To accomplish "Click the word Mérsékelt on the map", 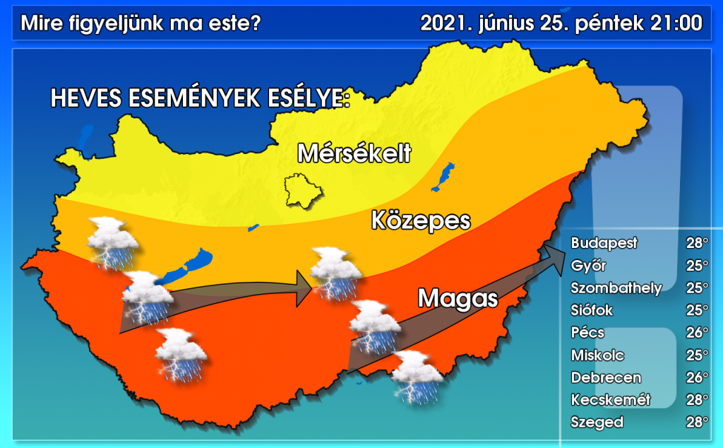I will [354, 153].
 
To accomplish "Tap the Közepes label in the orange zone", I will [420, 220].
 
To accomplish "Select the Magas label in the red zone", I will [458, 298].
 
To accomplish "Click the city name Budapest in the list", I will [604, 243].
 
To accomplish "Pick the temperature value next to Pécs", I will [697, 333].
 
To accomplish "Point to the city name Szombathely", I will [616, 288].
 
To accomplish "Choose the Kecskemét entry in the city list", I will [610, 400].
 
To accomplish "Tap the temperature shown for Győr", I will [697, 266].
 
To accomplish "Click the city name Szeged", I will [597, 423].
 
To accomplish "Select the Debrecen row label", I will [607, 377].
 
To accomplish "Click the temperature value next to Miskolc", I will [697, 355].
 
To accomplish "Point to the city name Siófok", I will [592, 310].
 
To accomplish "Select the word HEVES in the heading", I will [85, 99].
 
